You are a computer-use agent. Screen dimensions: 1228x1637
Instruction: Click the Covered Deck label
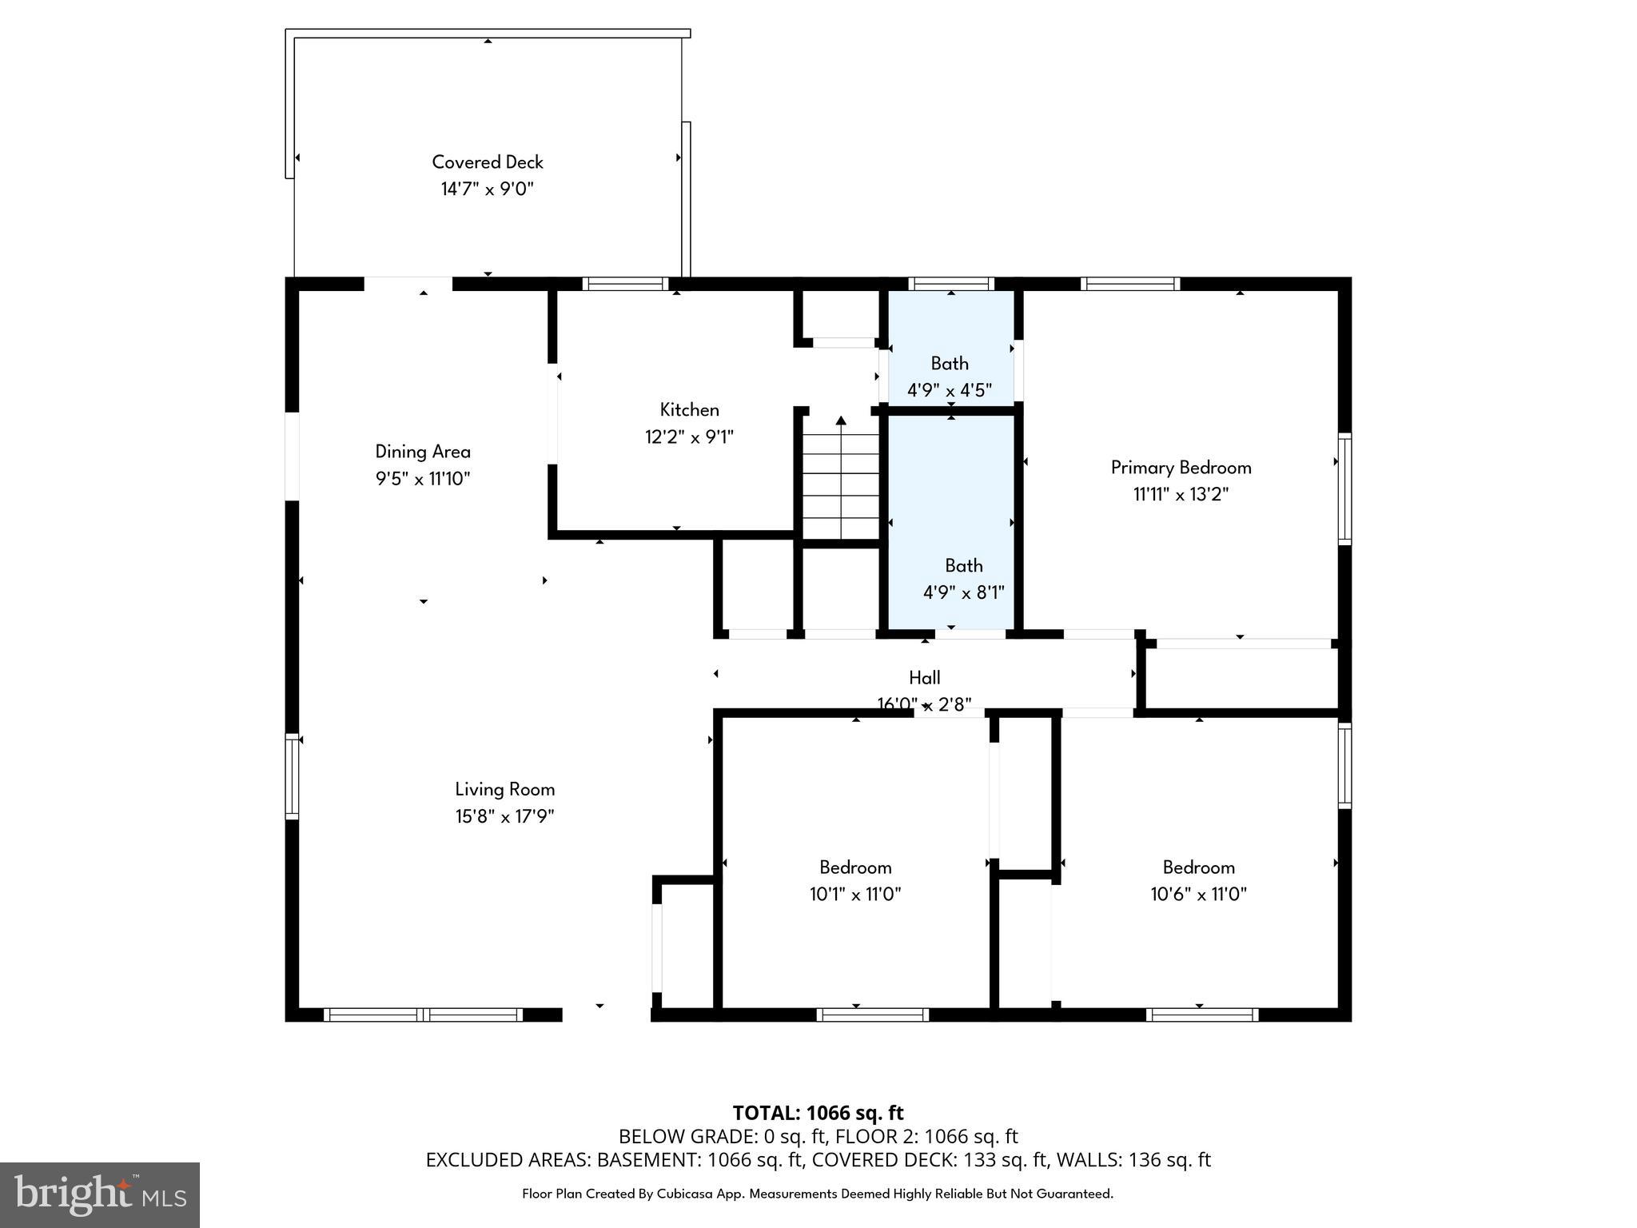tap(488, 162)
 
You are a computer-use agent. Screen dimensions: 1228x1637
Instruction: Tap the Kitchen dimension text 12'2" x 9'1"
tap(689, 437)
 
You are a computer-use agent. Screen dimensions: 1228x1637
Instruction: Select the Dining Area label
tap(423, 452)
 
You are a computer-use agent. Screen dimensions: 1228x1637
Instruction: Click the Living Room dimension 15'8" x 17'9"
tap(504, 816)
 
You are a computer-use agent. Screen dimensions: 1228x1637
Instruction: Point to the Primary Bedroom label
tap(1181, 468)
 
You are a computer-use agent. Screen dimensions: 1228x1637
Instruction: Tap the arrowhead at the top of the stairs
tap(841, 420)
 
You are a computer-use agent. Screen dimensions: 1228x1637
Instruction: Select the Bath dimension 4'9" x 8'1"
tap(963, 593)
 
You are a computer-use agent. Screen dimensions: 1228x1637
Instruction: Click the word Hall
tap(924, 678)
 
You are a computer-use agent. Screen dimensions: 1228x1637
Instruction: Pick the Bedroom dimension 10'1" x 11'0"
tap(855, 895)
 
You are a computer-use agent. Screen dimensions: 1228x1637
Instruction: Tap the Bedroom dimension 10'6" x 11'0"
tap(1198, 895)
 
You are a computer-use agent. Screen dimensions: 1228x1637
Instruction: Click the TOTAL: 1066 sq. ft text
tap(818, 1113)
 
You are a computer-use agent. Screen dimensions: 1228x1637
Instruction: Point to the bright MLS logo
tap(100, 1195)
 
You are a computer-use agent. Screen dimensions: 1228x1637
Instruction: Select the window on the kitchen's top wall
tap(625, 284)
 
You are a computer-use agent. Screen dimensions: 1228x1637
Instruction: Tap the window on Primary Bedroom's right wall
tap(1344, 489)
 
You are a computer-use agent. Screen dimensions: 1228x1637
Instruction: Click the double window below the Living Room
tap(423, 1015)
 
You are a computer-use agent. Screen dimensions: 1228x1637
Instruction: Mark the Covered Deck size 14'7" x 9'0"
tap(488, 189)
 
